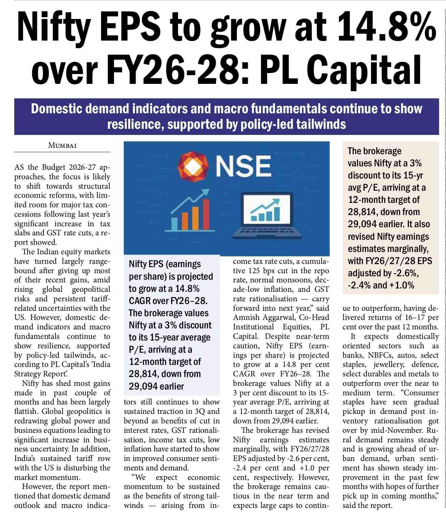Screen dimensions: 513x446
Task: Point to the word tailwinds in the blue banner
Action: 321,124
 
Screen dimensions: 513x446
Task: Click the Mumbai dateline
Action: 62,146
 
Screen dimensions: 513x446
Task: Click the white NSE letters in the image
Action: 243,166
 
